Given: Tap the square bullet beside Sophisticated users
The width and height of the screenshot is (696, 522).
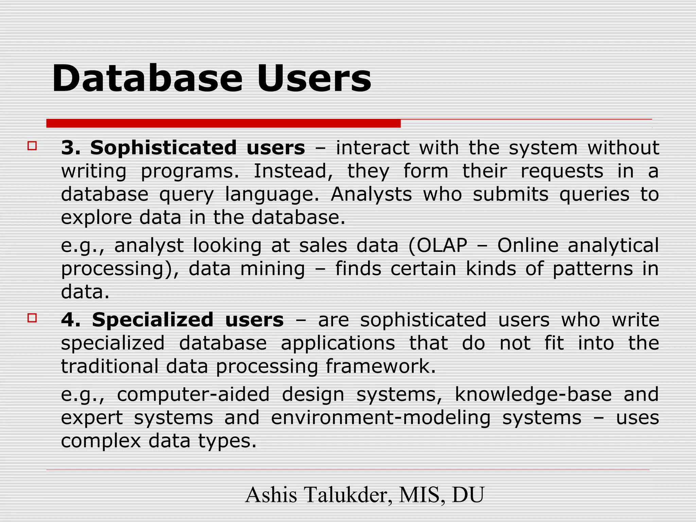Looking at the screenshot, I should (32, 146).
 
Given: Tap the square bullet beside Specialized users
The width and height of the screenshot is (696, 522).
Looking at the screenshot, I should (32, 318).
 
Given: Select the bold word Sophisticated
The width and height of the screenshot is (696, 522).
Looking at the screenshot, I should (163, 148).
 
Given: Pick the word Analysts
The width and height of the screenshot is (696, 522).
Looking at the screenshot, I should (371, 195).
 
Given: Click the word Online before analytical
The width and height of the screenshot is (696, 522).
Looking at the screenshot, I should (528, 245).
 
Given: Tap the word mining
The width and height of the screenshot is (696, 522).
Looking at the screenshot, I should (273, 268).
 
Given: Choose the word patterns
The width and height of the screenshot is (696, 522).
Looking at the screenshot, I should (593, 269).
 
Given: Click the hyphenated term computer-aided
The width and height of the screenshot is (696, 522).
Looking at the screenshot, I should (193, 394).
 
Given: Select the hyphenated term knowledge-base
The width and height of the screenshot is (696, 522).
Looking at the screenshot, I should (533, 394).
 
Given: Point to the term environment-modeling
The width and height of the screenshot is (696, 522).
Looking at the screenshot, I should (381, 418).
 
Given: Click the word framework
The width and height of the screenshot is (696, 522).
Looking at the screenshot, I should (380, 366).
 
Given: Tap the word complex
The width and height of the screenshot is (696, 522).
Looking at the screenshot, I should (101, 441).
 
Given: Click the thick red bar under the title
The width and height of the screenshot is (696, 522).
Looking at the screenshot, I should (223, 123).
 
